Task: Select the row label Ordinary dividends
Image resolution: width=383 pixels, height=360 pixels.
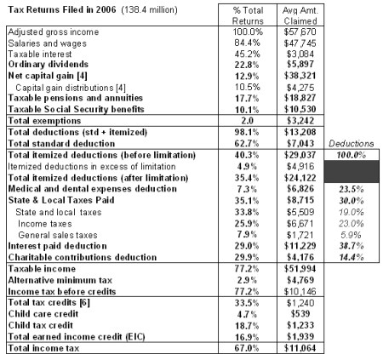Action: point(44,65)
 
